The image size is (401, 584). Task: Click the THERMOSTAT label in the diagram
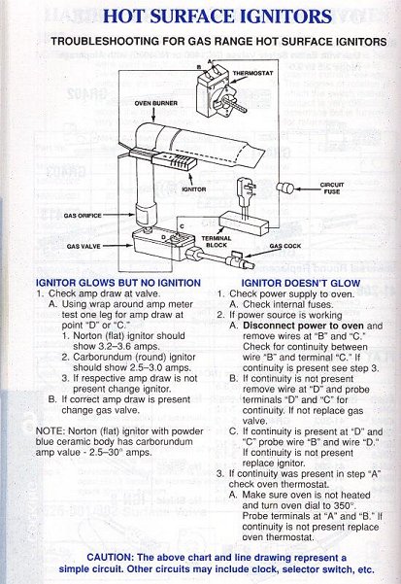tap(252, 74)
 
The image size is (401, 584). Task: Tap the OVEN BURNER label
tap(156, 103)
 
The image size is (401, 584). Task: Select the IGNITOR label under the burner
tap(194, 189)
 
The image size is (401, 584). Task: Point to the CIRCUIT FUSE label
tap(332, 189)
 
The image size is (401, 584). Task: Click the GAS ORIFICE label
tap(83, 216)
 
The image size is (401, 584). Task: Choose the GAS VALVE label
tap(84, 246)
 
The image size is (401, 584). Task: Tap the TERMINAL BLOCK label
tap(217, 241)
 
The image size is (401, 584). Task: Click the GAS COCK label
tap(285, 246)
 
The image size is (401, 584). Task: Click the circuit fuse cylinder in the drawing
tap(286, 189)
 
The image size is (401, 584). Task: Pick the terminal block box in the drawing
tap(244, 223)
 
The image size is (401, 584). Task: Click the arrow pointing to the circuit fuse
tap(306, 189)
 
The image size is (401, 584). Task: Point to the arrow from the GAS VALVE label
tap(117, 246)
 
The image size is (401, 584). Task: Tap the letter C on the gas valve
tap(182, 226)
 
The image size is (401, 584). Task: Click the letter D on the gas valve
tap(163, 237)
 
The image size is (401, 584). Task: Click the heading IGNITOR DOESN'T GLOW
tap(301, 284)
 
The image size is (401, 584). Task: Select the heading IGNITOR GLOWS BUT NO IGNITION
tap(118, 283)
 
